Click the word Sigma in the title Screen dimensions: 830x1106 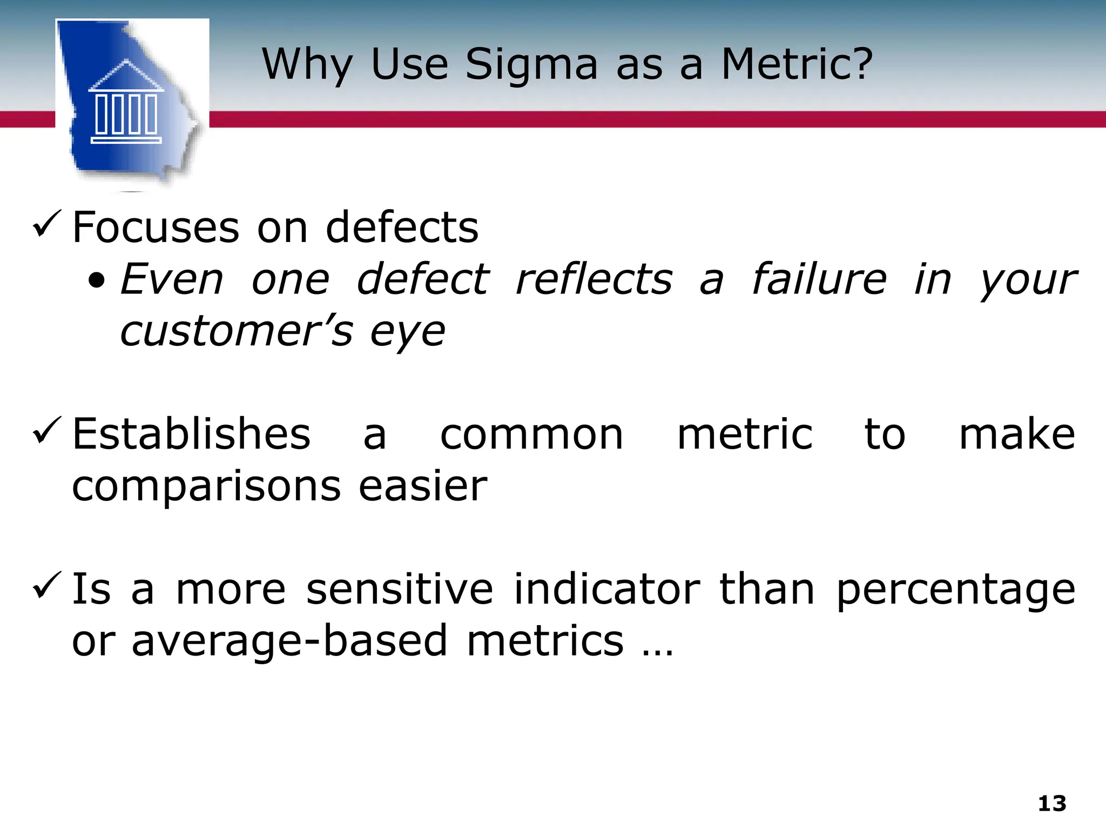(x=531, y=65)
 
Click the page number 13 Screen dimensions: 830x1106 (x=1052, y=804)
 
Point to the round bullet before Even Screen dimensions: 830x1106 (x=97, y=282)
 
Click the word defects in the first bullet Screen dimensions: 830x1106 (x=402, y=227)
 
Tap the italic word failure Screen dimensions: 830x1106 (x=819, y=279)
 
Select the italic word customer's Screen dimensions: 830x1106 (x=237, y=331)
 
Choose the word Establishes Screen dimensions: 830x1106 (x=191, y=434)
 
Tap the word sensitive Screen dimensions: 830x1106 (x=400, y=588)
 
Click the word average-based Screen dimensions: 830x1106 (x=289, y=641)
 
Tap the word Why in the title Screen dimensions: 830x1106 (x=307, y=65)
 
